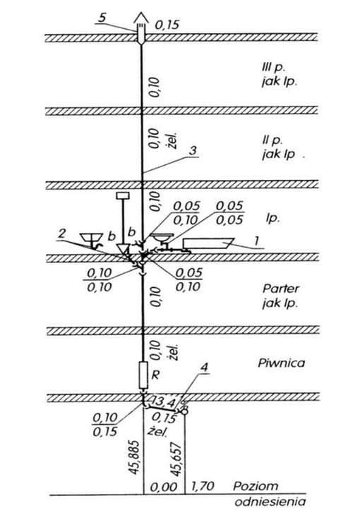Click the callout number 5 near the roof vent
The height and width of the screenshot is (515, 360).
102,18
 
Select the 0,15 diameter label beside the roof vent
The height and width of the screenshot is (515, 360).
167,25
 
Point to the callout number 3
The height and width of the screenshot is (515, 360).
193,151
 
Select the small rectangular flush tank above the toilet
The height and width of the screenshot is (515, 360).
123,195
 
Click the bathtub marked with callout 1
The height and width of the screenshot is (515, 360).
208,243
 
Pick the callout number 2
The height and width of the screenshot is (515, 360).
62,234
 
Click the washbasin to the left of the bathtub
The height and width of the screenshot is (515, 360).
162,237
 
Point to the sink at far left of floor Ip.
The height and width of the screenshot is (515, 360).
91,238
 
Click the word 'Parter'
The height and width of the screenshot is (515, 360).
281,289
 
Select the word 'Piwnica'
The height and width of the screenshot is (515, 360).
282,363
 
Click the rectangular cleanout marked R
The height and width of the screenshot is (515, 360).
143,375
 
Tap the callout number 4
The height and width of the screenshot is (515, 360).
204,368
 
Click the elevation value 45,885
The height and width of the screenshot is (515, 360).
134,457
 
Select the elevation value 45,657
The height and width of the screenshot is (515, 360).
176,459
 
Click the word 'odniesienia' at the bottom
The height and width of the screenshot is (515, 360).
270,502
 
